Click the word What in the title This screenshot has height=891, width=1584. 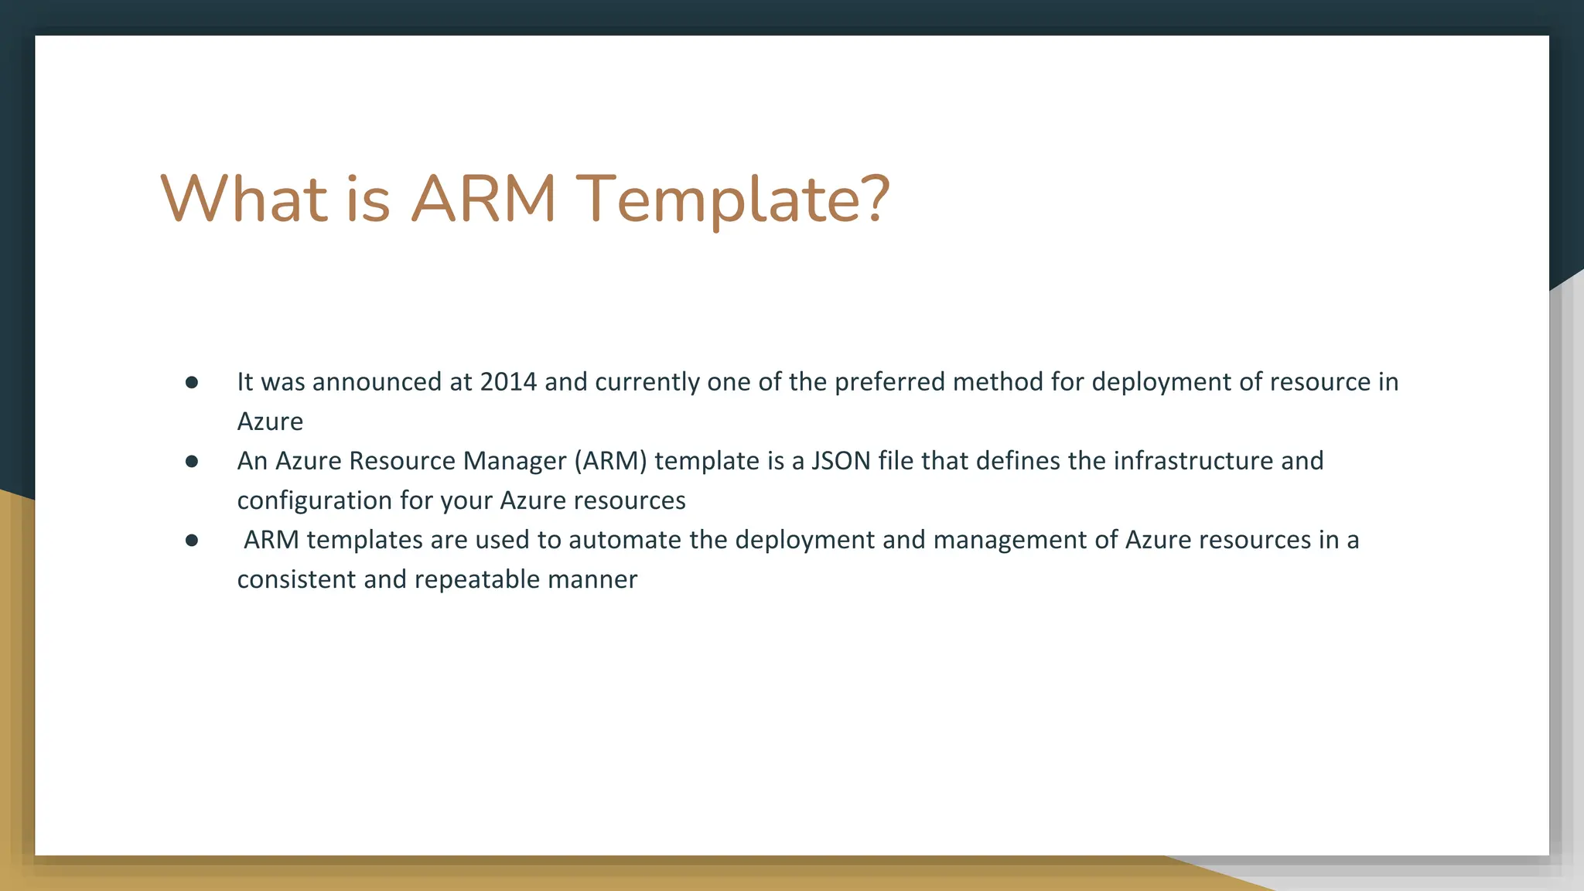[x=244, y=200]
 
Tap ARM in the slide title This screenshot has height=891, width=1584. [x=483, y=200]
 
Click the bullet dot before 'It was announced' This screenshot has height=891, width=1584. [x=192, y=382]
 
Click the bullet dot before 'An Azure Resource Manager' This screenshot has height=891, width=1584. [x=192, y=462]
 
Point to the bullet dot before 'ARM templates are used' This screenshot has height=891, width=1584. [x=192, y=541]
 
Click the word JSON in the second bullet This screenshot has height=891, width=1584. [x=841, y=461]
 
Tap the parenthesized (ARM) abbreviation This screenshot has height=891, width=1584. [x=610, y=461]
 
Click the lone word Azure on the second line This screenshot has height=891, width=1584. [x=270, y=422]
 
